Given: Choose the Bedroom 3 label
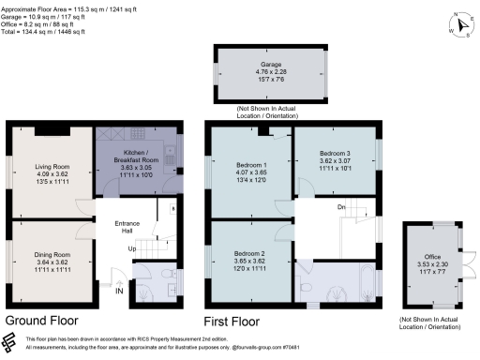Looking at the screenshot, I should click(x=335, y=153).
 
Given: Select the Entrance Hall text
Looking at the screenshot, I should click(x=127, y=226).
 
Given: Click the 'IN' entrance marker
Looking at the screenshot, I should click(x=118, y=292).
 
